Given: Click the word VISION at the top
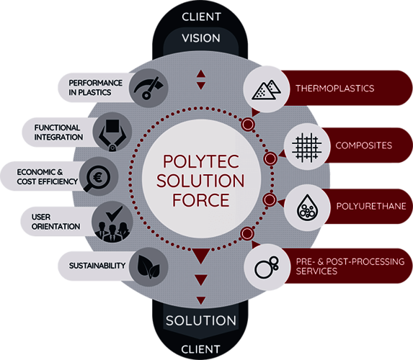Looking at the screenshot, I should pos(201,38).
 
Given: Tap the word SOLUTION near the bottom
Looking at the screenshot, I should pos(201,320).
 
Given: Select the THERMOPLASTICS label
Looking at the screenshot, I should pos(334,89).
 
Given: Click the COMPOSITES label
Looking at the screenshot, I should pos(363,145).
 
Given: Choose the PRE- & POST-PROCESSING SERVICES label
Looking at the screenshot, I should pos(349,266).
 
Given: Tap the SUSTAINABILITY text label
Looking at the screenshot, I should pos(97,266).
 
